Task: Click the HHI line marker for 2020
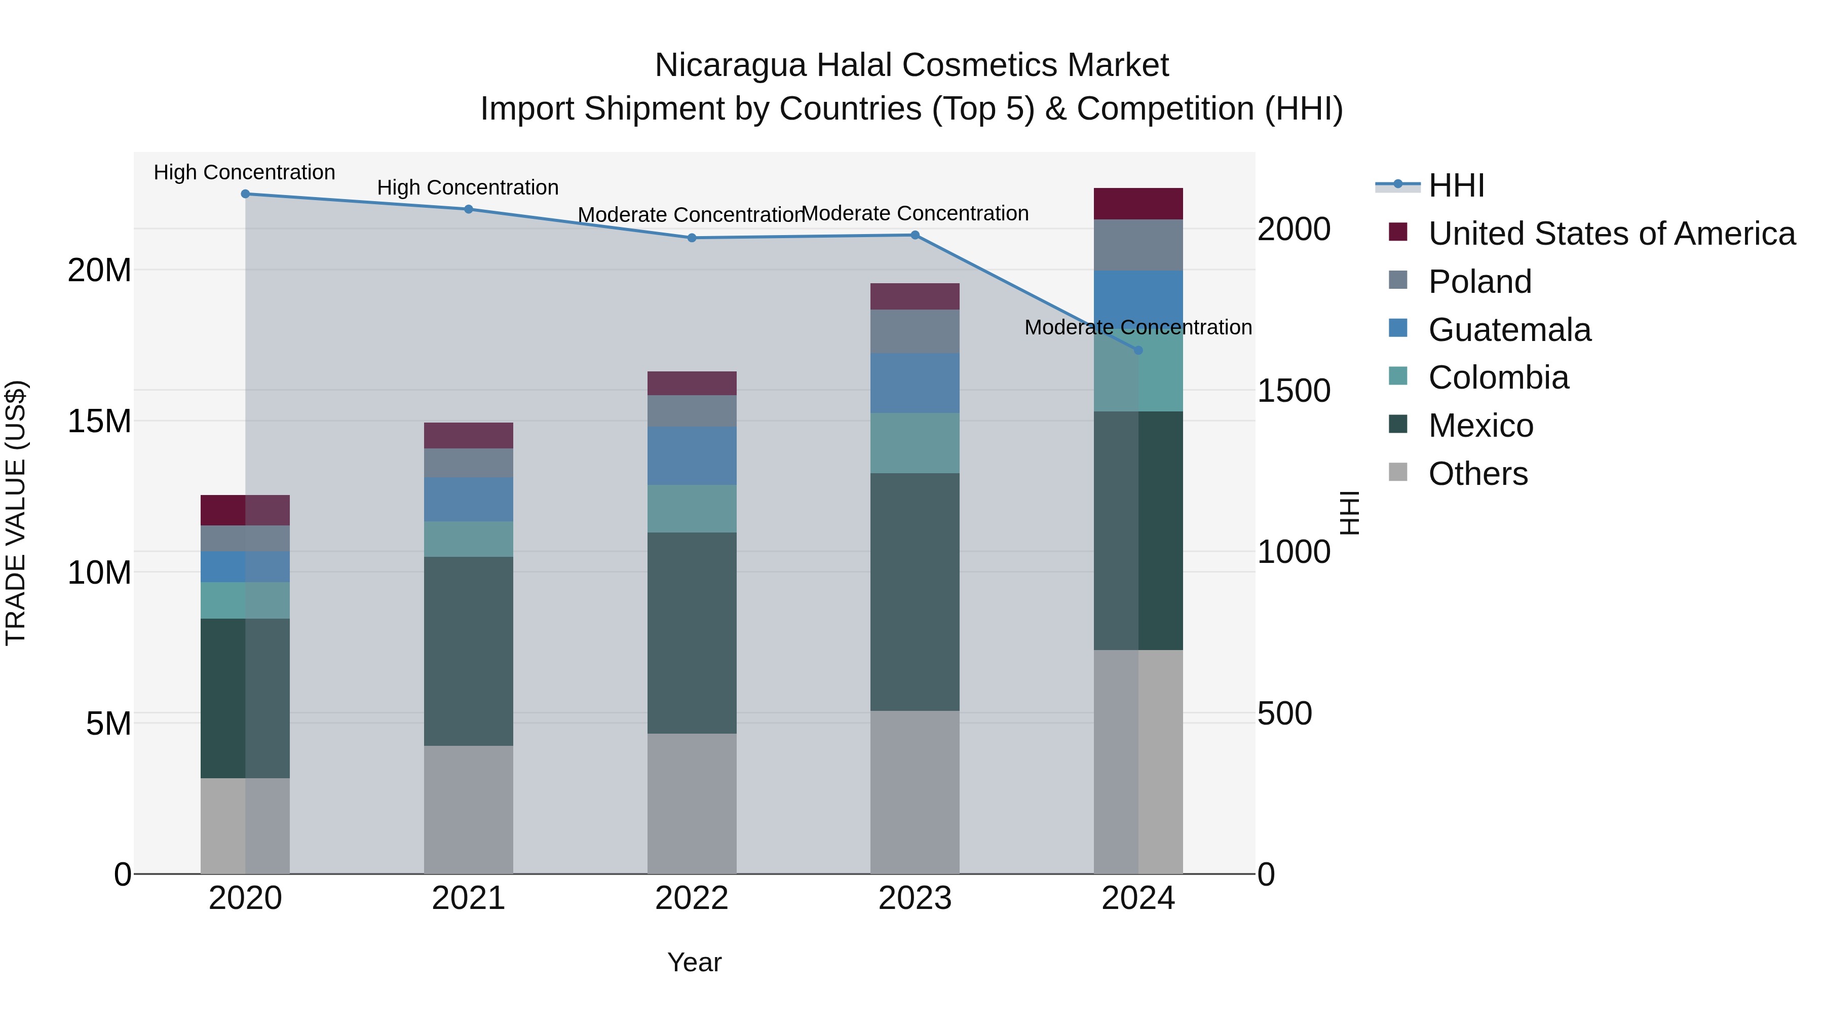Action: click(x=245, y=194)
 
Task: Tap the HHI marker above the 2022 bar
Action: click(x=692, y=238)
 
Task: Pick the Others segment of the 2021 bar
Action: click(x=468, y=809)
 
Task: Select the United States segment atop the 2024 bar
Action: click(x=1138, y=204)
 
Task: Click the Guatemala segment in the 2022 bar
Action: click(x=692, y=456)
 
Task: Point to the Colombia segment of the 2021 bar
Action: click(x=468, y=540)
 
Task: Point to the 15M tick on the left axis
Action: click(x=99, y=422)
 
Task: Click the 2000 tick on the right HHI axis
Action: click(x=1293, y=230)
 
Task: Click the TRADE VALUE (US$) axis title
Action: click(x=16, y=513)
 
